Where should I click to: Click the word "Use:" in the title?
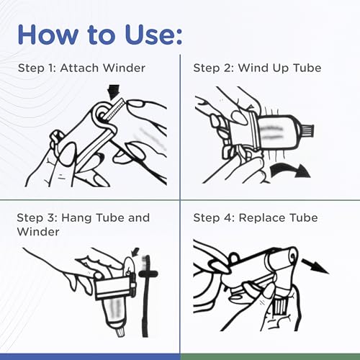tap(153, 35)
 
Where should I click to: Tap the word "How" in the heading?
tap(48, 35)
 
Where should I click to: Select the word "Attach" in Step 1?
tap(79, 68)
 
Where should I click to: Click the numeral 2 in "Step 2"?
tap(228, 68)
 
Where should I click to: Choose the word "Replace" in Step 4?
tap(263, 218)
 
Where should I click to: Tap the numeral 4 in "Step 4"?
tap(228, 218)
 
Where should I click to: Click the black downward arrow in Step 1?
tap(114, 92)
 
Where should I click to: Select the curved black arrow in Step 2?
tap(290, 169)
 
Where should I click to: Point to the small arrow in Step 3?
tap(135, 252)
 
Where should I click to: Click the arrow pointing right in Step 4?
tap(315, 266)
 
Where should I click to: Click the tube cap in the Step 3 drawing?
tap(120, 333)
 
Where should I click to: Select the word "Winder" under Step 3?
tap(38, 232)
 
